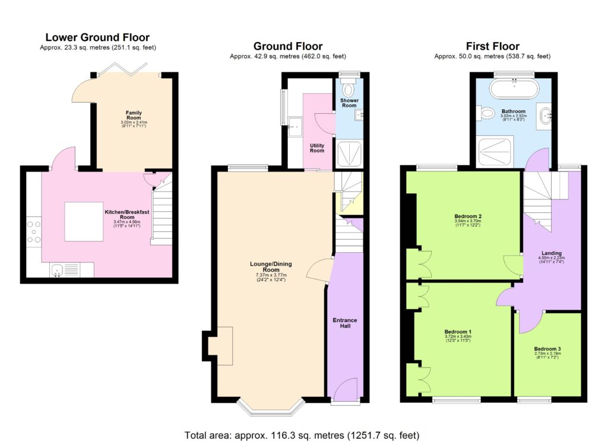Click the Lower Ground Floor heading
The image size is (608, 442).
click(x=97, y=38)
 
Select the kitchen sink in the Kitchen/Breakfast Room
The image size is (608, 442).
click(x=58, y=270)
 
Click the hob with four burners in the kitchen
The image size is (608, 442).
click(x=33, y=231)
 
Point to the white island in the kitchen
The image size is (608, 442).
click(x=84, y=221)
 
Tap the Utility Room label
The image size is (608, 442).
click(x=317, y=147)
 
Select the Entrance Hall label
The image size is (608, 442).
click(x=344, y=323)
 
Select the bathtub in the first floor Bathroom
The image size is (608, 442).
click(x=514, y=91)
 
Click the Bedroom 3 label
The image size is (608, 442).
click(x=547, y=349)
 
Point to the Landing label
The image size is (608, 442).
click(x=552, y=253)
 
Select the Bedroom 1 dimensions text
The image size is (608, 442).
click(x=457, y=339)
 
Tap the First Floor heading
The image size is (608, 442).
click(x=492, y=46)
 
